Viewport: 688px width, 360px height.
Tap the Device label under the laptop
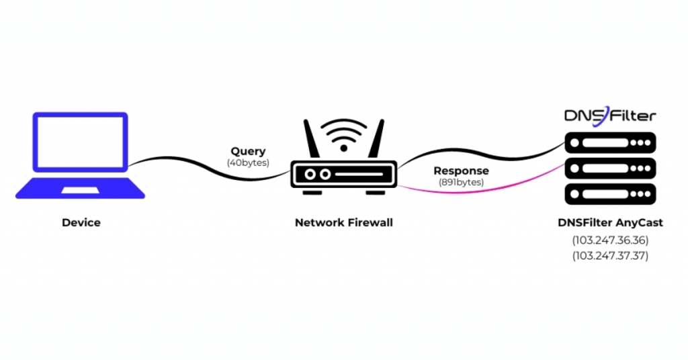[81, 222]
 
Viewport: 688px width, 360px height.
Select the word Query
[248, 152]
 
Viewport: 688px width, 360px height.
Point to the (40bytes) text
[248, 163]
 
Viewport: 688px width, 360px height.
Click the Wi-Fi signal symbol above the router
[343, 135]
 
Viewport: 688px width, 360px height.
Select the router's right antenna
[377, 140]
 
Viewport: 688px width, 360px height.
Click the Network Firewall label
[343, 222]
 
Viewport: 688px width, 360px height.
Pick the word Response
[461, 171]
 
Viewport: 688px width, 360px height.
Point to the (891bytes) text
[461, 182]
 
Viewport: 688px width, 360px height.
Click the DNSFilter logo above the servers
[609, 116]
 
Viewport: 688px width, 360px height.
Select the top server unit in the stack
[609, 142]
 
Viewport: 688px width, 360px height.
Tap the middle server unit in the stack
[609, 169]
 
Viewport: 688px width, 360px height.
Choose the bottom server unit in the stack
[609, 194]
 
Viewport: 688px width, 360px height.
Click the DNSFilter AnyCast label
[609, 222]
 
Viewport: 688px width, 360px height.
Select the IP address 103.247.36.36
[609, 240]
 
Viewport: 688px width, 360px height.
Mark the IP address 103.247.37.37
[609, 255]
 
